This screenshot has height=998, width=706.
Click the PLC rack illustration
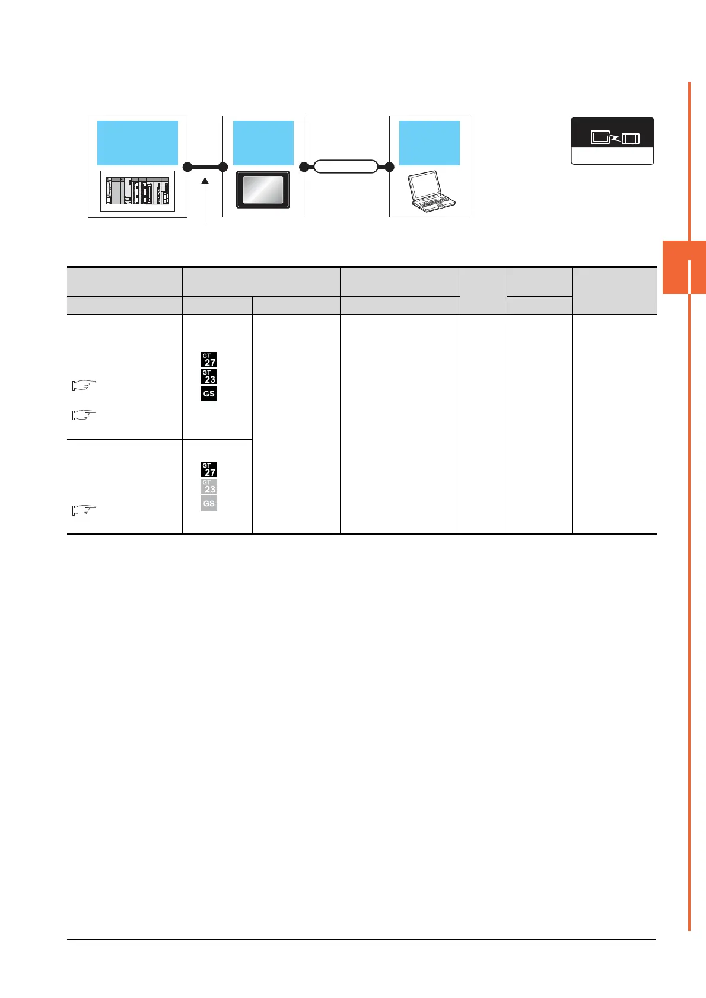tap(137, 191)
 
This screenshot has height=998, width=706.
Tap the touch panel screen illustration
tap(263, 190)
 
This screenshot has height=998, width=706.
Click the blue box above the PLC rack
tap(137, 143)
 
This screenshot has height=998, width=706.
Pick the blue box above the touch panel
tap(263, 143)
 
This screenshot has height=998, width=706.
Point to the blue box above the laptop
tap(429, 143)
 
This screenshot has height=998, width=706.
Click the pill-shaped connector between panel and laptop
tap(346, 167)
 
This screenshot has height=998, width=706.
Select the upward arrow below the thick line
tap(205, 201)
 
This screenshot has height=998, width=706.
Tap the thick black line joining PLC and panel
tap(205, 167)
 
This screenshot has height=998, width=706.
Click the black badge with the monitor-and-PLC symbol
tap(612, 133)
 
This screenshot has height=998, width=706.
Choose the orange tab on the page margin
tap(684, 267)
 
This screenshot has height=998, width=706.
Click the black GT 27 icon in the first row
tap(209, 360)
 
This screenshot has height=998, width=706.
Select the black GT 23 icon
tap(209, 376)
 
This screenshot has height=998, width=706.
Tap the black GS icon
tap(209, 394)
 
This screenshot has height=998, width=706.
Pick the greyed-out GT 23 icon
tap(209, 487)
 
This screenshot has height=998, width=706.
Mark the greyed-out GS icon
tap(209, 503)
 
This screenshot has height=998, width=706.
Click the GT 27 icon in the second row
tap(209, 469)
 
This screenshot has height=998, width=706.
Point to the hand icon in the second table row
tap(84, 510)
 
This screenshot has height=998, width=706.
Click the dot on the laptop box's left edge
tap(389, 167)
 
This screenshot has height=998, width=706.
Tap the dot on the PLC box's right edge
tap(187, 167)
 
